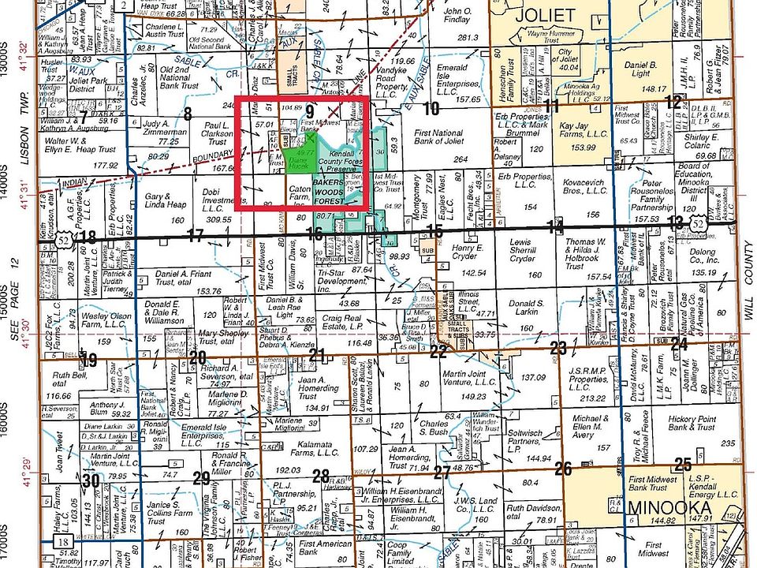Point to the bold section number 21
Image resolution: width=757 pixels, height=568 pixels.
(x=316, y=355)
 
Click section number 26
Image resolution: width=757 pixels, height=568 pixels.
(x=562, y=469)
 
